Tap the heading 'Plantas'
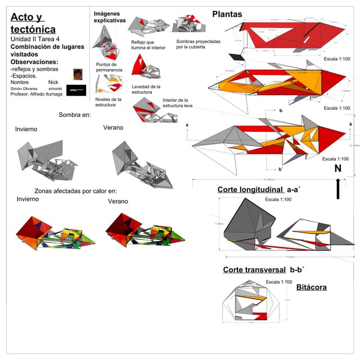[x=227, y=14]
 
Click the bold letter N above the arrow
[x=337, y=169]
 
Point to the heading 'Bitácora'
[x=311, y=287]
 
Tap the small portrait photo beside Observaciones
[x=78, y=74]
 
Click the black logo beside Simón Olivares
[x=76, y=90]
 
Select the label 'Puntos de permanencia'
[x=106, y=67]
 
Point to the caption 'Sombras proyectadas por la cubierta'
[x=198, y=44]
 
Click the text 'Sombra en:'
[x=75, y=115]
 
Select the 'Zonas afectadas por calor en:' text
[x=75, y=191]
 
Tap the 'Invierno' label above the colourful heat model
[x=28, y=199]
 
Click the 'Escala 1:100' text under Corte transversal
[x=278, y=281]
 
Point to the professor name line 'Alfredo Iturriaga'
[x=39, y=94]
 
